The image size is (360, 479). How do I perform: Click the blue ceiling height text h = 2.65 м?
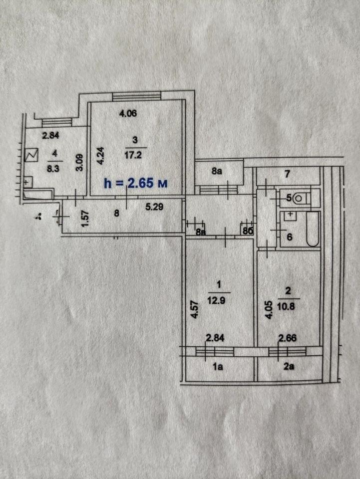click(x=136, y=183)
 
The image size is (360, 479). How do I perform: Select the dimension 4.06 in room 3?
click(x=128, y=114)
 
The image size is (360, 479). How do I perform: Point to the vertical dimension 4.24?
click(x=101, y=156)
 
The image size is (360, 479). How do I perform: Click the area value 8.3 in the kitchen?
click(x=53, y=168)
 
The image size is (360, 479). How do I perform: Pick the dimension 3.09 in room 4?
click(x=79, y=164)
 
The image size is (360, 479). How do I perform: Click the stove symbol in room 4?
click(x=31, y=155)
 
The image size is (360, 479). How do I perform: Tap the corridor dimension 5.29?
click(x=154, y=207)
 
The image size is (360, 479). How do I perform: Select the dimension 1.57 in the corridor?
click(x=85, y=218)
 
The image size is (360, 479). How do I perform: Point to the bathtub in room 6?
click(x=313, y=229)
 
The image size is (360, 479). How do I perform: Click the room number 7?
click(x=287, y=174)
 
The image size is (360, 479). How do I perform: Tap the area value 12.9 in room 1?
click(x=216, y=300)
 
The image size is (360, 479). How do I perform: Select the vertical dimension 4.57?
click(x=195, y=310)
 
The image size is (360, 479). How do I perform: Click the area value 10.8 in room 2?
click(x=286, y=306)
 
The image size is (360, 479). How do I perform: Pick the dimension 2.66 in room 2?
click(x=287, y=338)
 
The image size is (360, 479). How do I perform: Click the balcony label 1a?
click(x=218, y=366)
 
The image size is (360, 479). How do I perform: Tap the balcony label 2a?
click(x=289, y=366)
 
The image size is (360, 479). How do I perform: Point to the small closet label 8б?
click(x=248, y=231)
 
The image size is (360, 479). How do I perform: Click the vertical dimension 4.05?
click(x=268, y=310)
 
